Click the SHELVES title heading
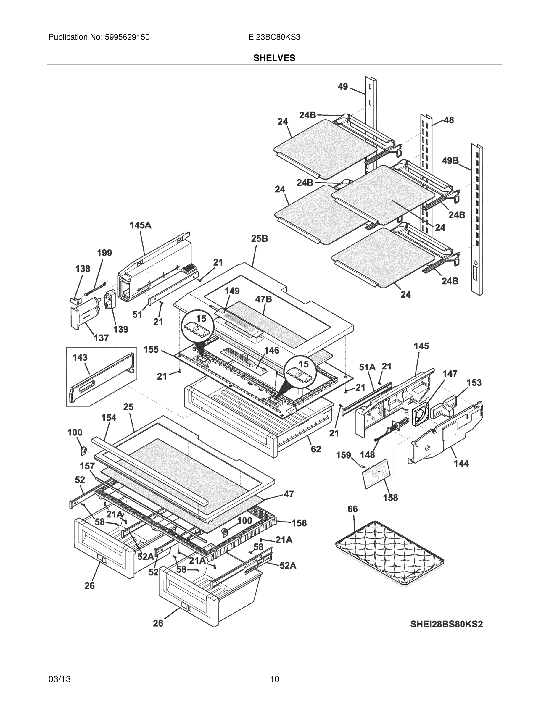274,58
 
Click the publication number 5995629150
127,37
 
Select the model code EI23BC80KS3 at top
274,37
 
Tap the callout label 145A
140,225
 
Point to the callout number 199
104,253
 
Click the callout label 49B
450,161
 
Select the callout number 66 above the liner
352,509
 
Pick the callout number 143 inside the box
80,358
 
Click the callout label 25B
259,239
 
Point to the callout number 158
390,498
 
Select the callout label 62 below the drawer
316,449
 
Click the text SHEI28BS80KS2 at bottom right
446,624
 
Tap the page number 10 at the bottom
274,679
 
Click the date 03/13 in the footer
59,679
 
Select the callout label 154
109,418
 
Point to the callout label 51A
367,367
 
